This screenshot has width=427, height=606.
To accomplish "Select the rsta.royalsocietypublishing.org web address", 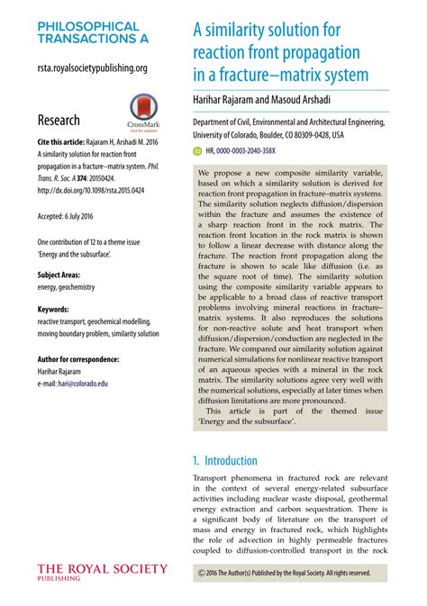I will pyautogui.click(x=93, y=68).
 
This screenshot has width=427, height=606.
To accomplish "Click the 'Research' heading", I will pyautogui.click(x=59, y=120).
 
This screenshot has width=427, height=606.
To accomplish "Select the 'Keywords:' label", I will pyautogui.click(x=53, y=309).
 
